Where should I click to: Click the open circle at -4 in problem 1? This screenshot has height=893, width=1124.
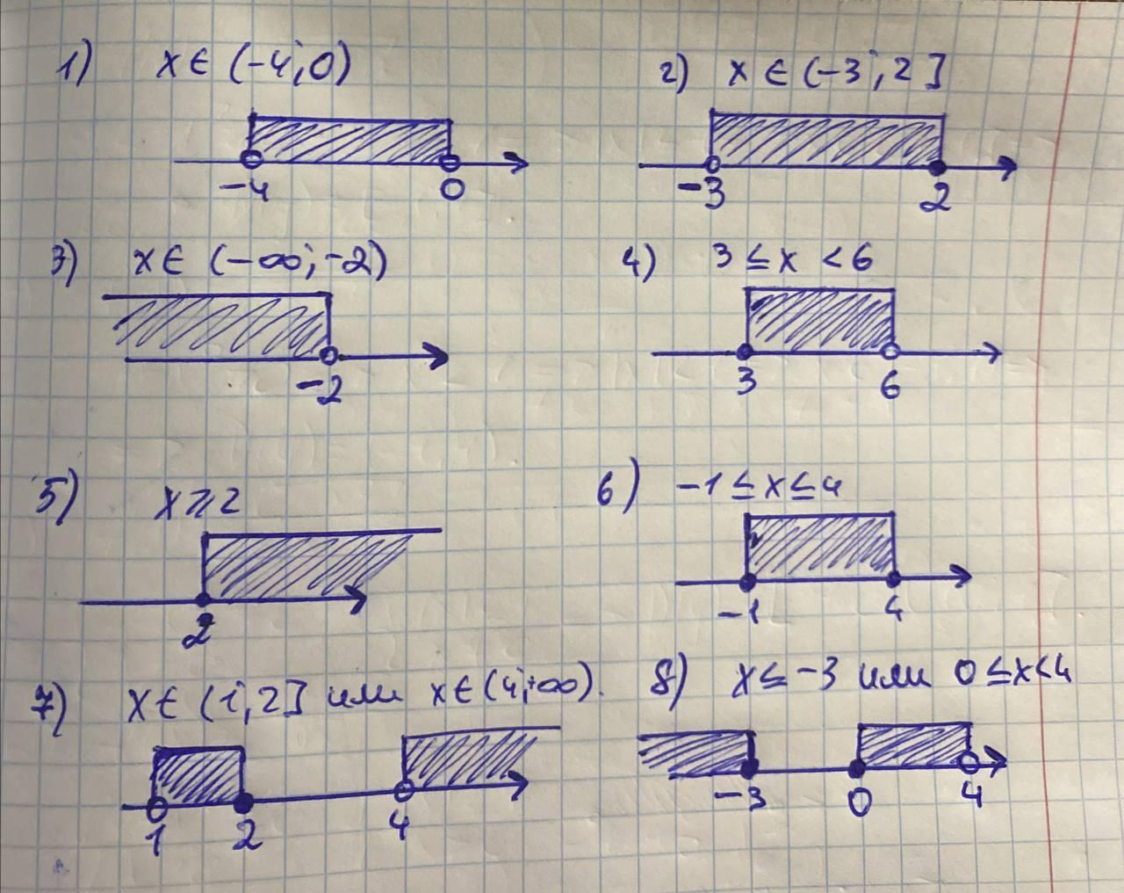(251, 160)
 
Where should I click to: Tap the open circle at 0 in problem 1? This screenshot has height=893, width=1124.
(450, 161)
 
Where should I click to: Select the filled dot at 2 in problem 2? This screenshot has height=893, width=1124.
(940, 166)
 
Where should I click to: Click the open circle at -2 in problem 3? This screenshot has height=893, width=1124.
(328, 355)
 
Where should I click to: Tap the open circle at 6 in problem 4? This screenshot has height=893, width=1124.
(890, 352)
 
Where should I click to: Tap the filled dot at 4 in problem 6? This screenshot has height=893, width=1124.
(894, 578)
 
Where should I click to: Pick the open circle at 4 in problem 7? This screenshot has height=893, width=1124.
(404, 789)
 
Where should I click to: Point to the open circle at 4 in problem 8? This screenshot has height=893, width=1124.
(969, 761)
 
